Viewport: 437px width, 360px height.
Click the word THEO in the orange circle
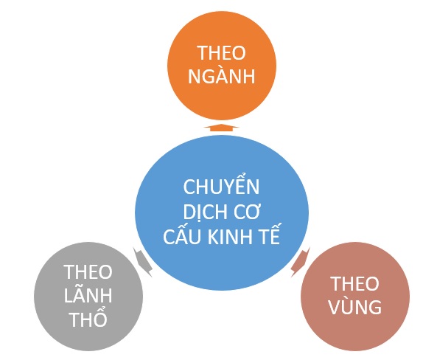pyautogui.click(x=221, y=52)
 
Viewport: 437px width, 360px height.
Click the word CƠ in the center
pyautogui.click(x=246, y=212)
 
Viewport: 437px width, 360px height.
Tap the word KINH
pyautogui.click(x=233, y=237)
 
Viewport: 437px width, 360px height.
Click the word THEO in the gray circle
pyautogui.click(x=88, y=271)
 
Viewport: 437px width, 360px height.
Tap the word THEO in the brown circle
pyautogui.click(x=354, y=283)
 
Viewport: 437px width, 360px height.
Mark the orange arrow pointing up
pyautogui.click(x=221, y=128)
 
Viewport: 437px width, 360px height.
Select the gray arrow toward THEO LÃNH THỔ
pyautogui.click(x=143, y=262)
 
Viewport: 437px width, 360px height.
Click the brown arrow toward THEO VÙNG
pyautogui.click(x=300, y=262)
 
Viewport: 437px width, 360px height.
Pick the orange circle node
pyautogui.click(x=222, y=66)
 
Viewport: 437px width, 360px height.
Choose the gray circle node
pyautogui.click(x=88, y=297)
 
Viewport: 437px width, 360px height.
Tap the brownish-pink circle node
pyautogui.click(x=355, y=297)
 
